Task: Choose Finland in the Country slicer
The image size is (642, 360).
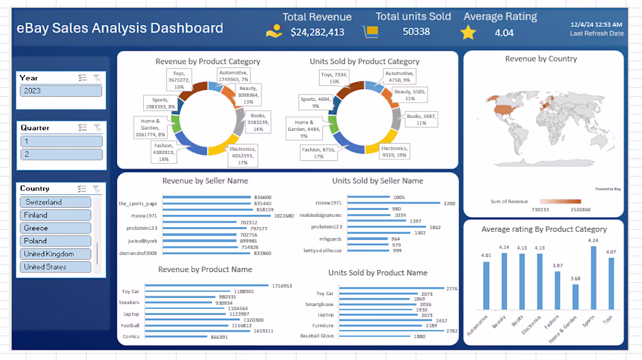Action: (x=55, y=215)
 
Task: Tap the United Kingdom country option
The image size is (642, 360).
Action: (x=55, y=253)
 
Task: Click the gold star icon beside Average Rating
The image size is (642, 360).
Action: (x=469, y=32)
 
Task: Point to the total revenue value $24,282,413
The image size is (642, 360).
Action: (x=317, y=32)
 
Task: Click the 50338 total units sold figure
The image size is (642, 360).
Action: (x=416, y=31)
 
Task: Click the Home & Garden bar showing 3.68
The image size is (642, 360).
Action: (x=575, y=297)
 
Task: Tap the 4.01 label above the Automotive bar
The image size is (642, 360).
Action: (x=486, y=255)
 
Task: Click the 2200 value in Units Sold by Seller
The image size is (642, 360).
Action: (x=449, y=203)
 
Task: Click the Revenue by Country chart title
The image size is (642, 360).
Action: (x=541, y=59)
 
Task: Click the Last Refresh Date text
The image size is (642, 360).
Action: (x=596, y=33)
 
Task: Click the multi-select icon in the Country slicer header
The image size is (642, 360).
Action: (x=82, y=189)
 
